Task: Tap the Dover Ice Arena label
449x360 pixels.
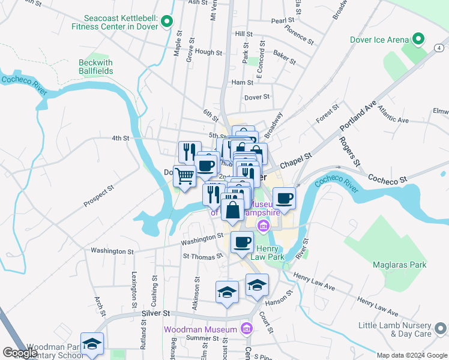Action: pyautogui.click(x=378, y=40)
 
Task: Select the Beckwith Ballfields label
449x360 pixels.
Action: pyautogui.click(x=95, y=67)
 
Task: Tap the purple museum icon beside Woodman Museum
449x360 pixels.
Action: pyautogui.click(x=246, y=328)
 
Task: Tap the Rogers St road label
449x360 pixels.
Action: pyautogui.click(x=349, y=152)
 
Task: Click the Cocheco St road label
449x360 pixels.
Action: pyautogui.click(x=387, y=179)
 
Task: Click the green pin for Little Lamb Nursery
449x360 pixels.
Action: pyautogui.click(x=440, y=328)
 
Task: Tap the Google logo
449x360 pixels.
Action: pyautogui.click(x=20, y=353)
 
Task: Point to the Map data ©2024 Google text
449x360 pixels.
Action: pyautogui.click(x=411, y=355)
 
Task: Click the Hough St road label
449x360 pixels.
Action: pyautogui.click(x=208, y=52)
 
